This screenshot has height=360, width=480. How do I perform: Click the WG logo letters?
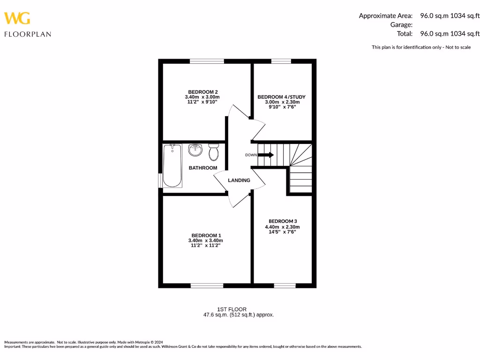[x=17, y=18]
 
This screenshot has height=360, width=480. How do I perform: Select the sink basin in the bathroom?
[x=195, y=150]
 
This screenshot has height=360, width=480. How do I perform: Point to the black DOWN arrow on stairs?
[x=266, y=155]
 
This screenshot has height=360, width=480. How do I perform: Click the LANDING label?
[x=239, y=180]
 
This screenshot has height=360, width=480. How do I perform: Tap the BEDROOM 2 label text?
[x=203, y=92]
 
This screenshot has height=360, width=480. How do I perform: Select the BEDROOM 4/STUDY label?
[x=278, y=97]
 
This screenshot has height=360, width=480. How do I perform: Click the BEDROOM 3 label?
[x=283, y=221]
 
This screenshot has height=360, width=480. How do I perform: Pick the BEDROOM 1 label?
[x=206, y=235]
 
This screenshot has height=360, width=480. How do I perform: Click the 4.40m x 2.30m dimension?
[x=282, y=227]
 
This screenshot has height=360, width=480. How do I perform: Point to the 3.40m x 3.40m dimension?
[x=206, y=240]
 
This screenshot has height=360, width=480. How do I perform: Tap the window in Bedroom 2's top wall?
[x=207, y=61]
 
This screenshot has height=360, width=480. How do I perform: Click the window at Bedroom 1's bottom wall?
[x=207, y=285]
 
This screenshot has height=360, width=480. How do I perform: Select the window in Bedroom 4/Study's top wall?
[x=281, y=61]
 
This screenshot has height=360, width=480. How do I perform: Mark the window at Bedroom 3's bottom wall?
[x=285, y=285]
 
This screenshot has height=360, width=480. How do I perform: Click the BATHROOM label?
[x=203, y=168]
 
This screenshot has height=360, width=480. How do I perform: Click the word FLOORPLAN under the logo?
[x=28, y=34]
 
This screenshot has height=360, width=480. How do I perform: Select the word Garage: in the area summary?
[x=401, y=24]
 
